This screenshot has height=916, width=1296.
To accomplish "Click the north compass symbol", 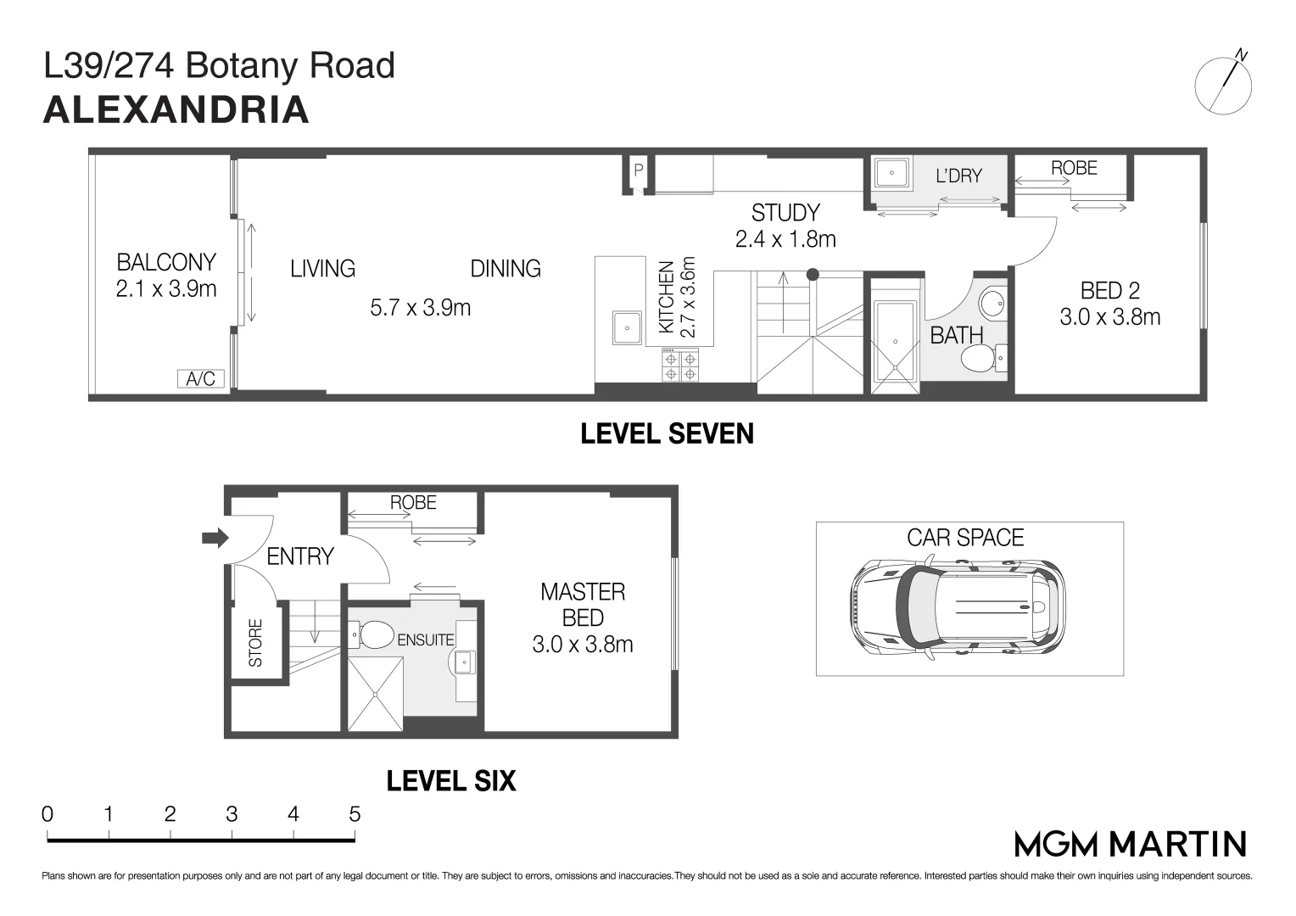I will pos(1223,86).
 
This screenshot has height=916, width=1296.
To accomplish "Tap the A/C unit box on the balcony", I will pos(200,378).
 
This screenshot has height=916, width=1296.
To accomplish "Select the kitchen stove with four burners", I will pos(680,366).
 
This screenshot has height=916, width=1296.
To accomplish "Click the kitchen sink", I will pos(627,327).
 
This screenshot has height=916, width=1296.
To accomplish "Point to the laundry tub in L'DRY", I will pos(891,174).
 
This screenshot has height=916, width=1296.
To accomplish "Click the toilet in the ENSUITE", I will pos(372,634).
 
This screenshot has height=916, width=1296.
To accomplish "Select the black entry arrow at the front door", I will pos(215,538).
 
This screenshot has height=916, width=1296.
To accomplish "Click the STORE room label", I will pos(255,642).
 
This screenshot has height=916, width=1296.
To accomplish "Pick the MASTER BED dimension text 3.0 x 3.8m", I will pos(583,645).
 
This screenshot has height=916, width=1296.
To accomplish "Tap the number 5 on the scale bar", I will pos(355,814).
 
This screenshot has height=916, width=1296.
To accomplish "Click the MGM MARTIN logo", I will pos(1131,844).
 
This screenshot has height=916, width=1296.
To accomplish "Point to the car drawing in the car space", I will pos(957,607).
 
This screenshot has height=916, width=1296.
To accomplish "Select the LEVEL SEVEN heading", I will pos(667,434).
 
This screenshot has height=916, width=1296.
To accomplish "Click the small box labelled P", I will pos(639,170).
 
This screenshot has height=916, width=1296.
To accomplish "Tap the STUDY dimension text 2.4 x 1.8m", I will pos(785,239).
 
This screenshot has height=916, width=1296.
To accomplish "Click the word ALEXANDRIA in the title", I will pos(176,111).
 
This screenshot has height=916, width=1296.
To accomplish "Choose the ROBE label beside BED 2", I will pos(1074,168).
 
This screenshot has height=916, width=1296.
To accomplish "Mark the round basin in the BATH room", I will pos(991,302).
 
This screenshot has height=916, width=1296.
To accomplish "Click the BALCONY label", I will pos(166,262).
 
